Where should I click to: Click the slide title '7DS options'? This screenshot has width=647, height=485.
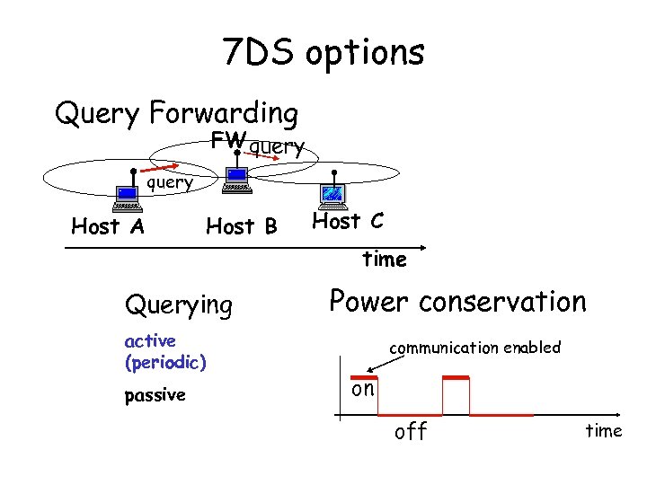tap(323, 54)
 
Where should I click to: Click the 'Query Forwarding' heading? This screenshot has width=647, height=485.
tap(176, 114)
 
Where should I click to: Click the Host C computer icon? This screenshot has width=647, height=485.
tap(333, 193)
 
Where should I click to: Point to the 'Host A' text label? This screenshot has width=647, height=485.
tap(108, 226)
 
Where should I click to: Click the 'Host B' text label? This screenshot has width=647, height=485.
tap(242, 226)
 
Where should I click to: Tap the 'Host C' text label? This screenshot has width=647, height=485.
tap(349, 221)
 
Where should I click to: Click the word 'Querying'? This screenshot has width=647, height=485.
tap(178, 305)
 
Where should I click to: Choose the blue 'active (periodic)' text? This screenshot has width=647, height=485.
tap(165, 352)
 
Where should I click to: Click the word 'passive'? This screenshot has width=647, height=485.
tap(155, 395)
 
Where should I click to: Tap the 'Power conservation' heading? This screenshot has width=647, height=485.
tap(457, 302)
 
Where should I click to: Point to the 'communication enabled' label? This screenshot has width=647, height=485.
tap(474, 348)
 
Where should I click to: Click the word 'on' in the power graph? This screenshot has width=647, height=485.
tap(363, 389)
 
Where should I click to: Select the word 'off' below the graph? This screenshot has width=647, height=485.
tap(412, 432)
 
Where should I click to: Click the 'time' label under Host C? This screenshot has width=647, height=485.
tap(385, 260)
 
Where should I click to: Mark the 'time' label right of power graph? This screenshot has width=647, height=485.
tap(603, 431)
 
